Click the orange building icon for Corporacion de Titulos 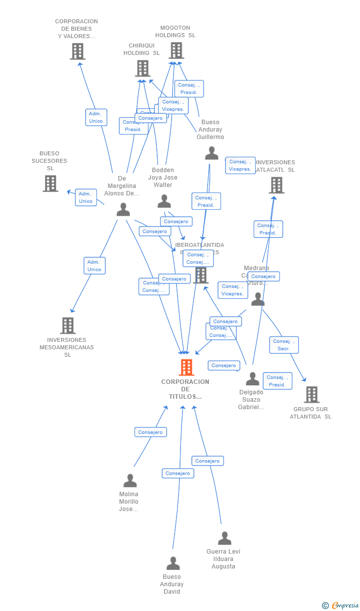(186, 368)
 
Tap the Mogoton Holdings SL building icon (176, 50)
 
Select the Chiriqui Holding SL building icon (142, 68)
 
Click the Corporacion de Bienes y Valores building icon (77, 51)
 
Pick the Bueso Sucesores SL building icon (50, 184)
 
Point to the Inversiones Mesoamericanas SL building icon (68, 326)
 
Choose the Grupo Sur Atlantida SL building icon (312, 395)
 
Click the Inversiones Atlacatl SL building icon (276, 185)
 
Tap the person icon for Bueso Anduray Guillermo (211, 153)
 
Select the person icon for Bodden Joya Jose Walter (164, 201)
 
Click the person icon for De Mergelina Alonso (123, 210)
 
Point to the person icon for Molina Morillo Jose (130, 480)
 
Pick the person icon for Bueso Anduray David (173, 563)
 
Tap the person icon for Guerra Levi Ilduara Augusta (225, 538)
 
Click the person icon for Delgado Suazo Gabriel (252, 379)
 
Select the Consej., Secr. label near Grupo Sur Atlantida (284, 345)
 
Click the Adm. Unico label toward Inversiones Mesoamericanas (94, 266)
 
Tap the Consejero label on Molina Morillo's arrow (150, 432)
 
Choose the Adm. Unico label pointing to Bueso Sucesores (86, 197)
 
